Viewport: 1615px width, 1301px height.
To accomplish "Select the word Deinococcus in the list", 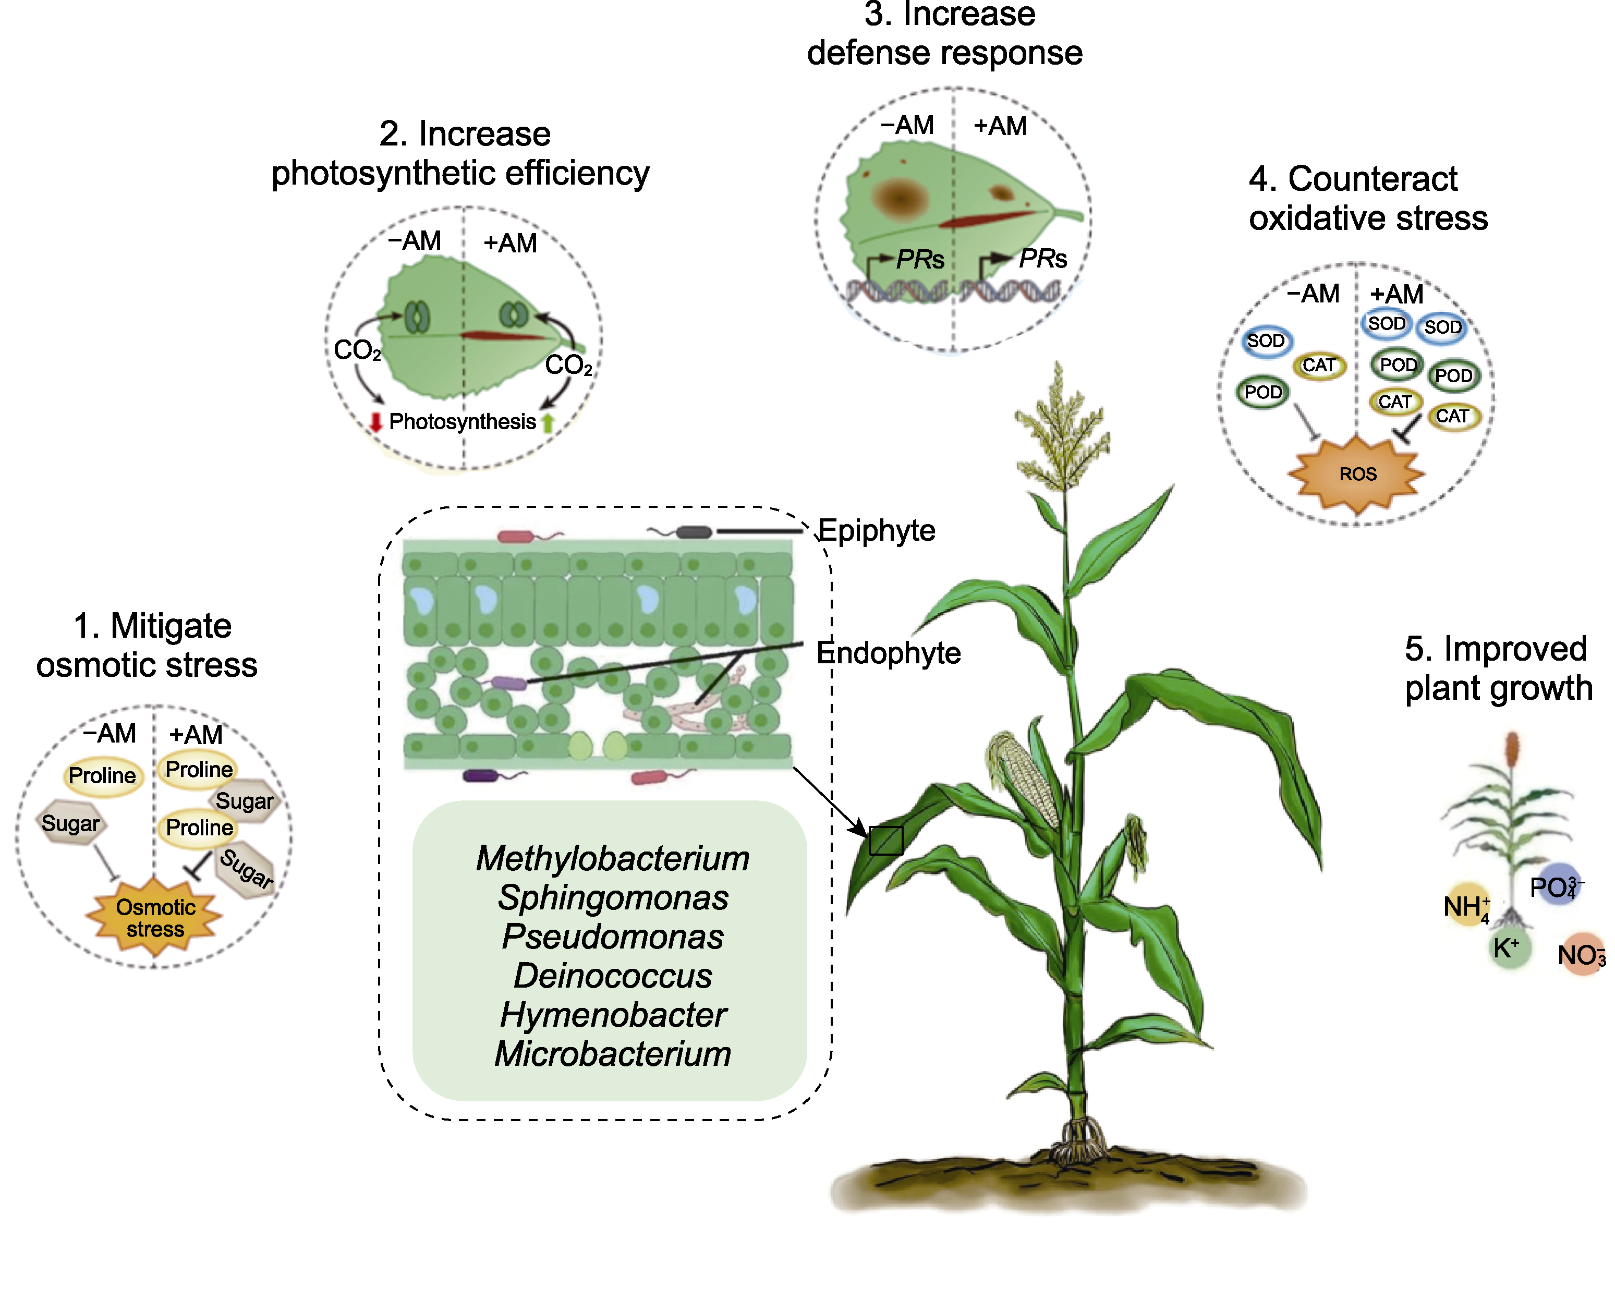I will [612, 976].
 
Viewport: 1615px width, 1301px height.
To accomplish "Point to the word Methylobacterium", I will [612, 858].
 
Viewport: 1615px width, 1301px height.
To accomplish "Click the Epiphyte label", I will [876, 531].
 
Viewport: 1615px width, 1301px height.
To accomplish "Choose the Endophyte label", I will [888, 653].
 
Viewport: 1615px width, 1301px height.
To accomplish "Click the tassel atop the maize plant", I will [1061, 427].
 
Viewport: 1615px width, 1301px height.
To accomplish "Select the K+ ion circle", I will [1509, 950].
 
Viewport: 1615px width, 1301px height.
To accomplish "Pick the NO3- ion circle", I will [1581, 955].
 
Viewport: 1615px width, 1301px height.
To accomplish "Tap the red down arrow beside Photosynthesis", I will [376, 422].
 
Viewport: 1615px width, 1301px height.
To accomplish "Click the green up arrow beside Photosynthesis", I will [548, 422].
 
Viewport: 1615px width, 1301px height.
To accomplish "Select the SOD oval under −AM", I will [1266, 341].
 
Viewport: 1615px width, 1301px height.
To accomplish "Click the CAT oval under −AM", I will [1318, 366].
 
